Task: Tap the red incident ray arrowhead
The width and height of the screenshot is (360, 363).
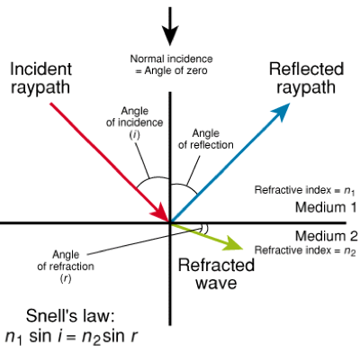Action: point(160,211)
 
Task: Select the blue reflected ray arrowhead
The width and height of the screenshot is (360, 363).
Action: point(281,113)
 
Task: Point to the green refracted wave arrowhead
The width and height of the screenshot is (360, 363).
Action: point(234,243)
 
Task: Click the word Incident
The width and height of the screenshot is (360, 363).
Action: point(41,69)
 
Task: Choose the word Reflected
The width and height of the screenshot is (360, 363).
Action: point(306,69)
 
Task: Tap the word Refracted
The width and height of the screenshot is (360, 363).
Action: point(216,265)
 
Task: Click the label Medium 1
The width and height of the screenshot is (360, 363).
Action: point(326,207)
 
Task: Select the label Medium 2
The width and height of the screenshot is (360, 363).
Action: point(327,236)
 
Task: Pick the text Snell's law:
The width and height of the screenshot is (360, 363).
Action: point(70,316)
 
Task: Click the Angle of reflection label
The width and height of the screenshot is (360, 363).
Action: point(206,139)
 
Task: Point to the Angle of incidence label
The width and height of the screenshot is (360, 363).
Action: point(135,123)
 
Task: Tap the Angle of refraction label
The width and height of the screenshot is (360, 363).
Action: point(66,267)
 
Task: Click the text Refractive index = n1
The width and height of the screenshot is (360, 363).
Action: point(305,190)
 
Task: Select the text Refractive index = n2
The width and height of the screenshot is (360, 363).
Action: point(305,250)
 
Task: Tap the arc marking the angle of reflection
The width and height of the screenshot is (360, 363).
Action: point(186,186)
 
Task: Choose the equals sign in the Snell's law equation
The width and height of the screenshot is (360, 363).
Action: point(70,338)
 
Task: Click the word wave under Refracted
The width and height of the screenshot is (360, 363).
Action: point(216,283)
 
